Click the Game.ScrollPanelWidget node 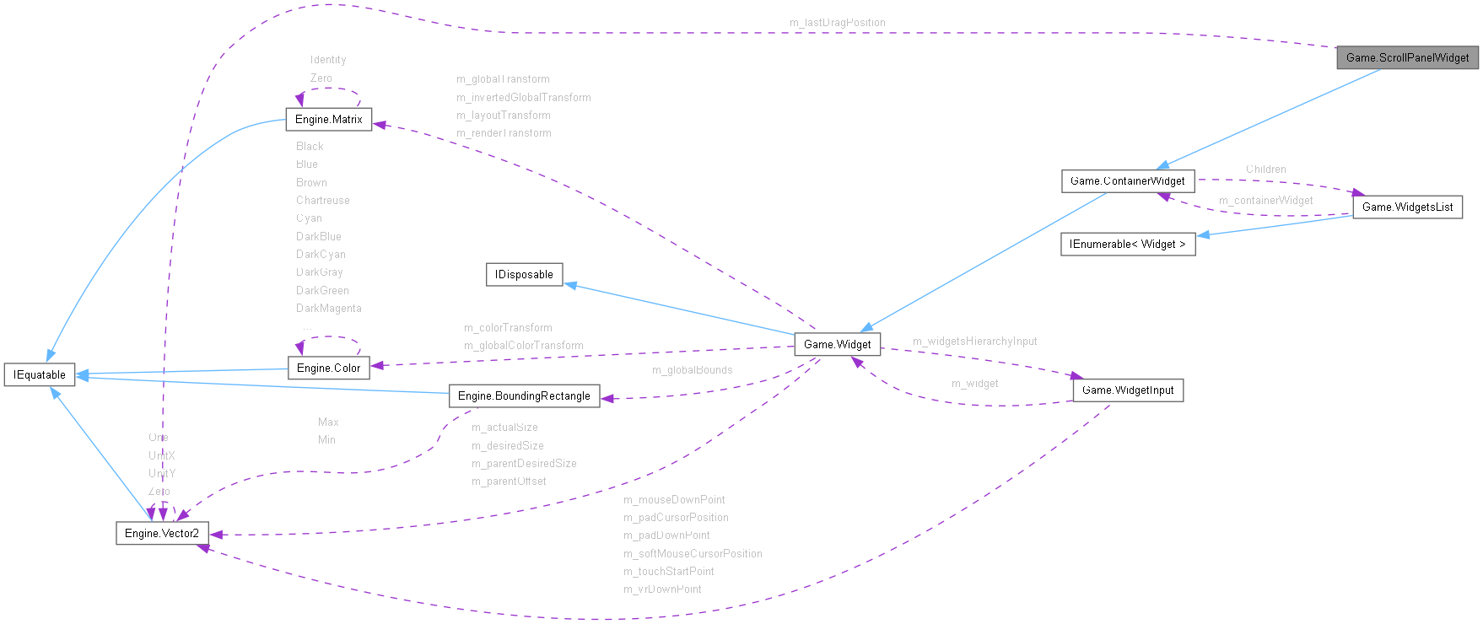coord(1407,57)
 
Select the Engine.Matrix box coord(328,120)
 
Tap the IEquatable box coord(39,374)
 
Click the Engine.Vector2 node coord(161,533)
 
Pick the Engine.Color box coord(328,368)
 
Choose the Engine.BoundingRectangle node coord(524,395)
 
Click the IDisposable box coord(524,274)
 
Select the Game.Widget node coord(837,344)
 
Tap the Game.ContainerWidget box coord(1127,180)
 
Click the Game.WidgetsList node coord(1407,207)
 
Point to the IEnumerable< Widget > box coord(1127,244)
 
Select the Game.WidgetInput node coord(1127,390)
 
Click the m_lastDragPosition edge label coord(838,23)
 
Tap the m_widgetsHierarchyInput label coord(974,342)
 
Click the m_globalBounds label coord(692,370)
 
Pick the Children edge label coord(1265,169)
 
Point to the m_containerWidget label coord(1265,201)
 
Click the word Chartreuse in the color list coord(322,201)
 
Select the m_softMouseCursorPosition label coord(693,554)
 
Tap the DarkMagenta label coord(328,309)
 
